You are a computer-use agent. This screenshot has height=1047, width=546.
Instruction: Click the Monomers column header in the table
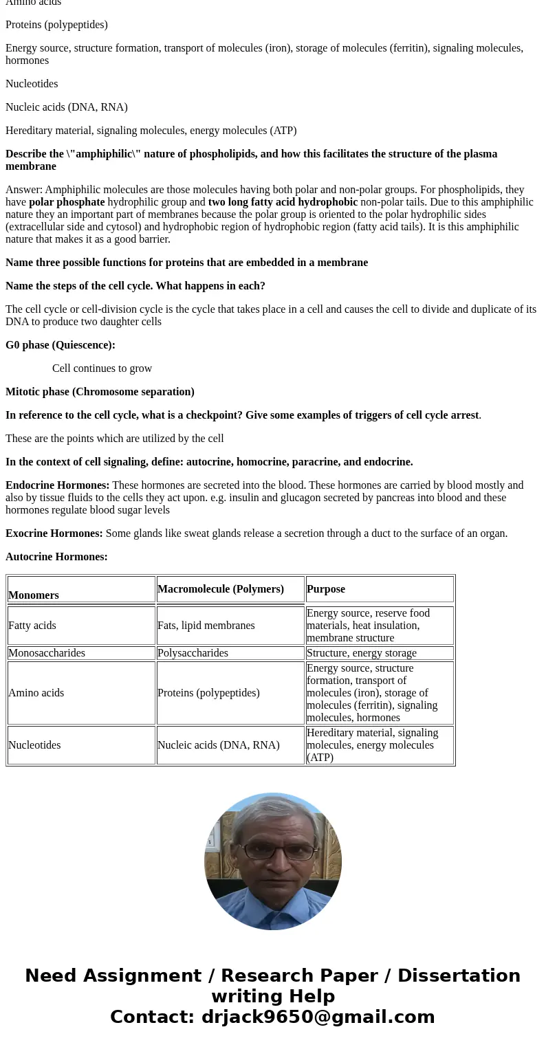point(34,595)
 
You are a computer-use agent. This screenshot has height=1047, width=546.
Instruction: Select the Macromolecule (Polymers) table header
point(221,589)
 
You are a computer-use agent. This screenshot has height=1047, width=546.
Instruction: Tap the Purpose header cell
point(326,589)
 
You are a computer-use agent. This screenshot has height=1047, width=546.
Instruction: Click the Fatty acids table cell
point(32,626)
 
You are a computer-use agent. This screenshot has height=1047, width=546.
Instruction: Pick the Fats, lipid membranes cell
point(206,626)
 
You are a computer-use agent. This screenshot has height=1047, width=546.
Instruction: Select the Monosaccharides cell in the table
point(47,653)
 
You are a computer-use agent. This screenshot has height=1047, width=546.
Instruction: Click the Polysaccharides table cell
point(193,653)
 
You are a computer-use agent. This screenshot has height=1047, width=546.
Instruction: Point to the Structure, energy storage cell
point(362,653)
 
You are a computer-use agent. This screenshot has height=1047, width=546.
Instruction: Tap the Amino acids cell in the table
point(36,693)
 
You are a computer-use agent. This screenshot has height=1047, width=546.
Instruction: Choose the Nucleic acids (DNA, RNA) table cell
point(219,745)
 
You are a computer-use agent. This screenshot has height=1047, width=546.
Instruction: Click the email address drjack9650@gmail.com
point(318,1017)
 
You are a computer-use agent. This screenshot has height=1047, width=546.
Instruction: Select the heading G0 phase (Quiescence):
point(61,345)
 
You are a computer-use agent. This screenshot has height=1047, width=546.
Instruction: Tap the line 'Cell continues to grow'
point(102,368)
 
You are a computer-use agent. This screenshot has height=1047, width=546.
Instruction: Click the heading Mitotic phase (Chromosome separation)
point(100,392)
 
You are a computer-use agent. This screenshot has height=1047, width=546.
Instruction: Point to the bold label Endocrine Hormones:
point(58,485)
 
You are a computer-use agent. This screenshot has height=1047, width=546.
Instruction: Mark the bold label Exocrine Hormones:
point(54,533)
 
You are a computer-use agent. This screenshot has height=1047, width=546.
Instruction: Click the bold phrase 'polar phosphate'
point(67,202)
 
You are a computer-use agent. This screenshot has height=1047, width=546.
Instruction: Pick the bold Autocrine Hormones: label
point(57,557)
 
